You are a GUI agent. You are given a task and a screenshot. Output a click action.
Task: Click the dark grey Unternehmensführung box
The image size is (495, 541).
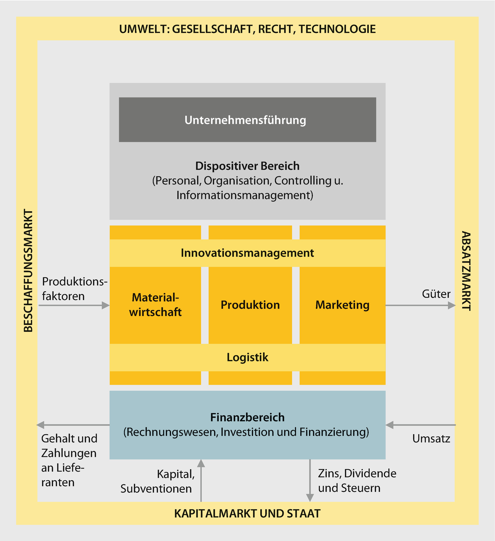coord(247,120)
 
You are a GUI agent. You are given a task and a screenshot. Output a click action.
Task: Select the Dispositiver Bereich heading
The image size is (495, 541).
coord(247,166)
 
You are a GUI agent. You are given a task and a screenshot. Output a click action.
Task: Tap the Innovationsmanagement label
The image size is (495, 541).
coord(247,253)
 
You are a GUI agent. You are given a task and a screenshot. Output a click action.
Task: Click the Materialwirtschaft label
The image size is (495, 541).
coord(155,305)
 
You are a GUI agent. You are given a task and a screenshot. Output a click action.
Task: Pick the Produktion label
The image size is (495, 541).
coord(250,305)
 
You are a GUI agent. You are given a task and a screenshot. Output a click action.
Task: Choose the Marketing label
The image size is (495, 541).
coord(342,305)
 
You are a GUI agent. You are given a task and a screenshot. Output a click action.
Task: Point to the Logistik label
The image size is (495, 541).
coord(247,357)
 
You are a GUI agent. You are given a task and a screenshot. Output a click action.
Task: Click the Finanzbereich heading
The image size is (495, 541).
coord(247,417)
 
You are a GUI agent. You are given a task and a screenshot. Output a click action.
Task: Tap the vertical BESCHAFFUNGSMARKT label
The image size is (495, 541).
coord(28,271)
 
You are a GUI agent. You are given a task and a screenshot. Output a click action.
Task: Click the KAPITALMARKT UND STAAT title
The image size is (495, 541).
coord(247,514)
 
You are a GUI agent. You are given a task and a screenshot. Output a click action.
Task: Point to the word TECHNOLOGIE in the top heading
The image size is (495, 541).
coord(337,29)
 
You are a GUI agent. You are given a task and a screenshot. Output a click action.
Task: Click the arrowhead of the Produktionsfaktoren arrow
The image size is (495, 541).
coord(106,305)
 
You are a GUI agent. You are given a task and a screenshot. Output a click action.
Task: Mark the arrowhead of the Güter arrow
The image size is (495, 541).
coord(452,305)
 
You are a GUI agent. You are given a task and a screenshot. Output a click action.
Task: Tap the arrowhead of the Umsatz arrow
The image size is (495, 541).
coord(389,425)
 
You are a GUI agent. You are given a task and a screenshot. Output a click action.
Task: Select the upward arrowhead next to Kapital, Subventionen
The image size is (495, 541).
coord(201,463)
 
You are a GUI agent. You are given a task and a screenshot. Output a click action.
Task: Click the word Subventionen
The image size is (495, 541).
coord(156,488)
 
